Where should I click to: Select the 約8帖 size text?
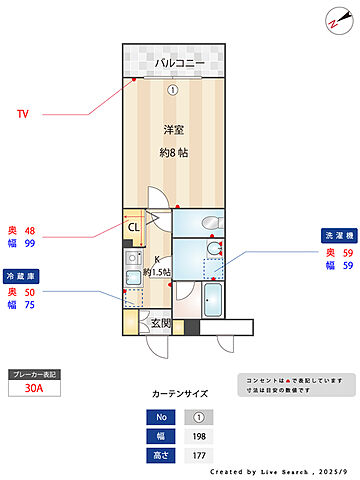click(x=175, y=153)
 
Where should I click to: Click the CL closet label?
click(x=133, y=227)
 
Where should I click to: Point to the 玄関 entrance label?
click(x=160, y=323)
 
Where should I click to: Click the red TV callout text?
click(x=22, y=114)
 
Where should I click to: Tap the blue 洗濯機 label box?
click(x=338, y=235)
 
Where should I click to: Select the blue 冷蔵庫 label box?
click(x=22, y=274)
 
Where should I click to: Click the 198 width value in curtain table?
click(x=198, y=437)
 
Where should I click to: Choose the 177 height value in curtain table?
click(x=198, y=455)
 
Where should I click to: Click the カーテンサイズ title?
click(x=179, y=395)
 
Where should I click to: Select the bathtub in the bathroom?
click(x=213, y=300)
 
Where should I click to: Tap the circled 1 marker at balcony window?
click(x=172, y=89)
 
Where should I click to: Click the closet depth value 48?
click(x=30, y=229)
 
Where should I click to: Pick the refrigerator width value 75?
click(x=30, y=305)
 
